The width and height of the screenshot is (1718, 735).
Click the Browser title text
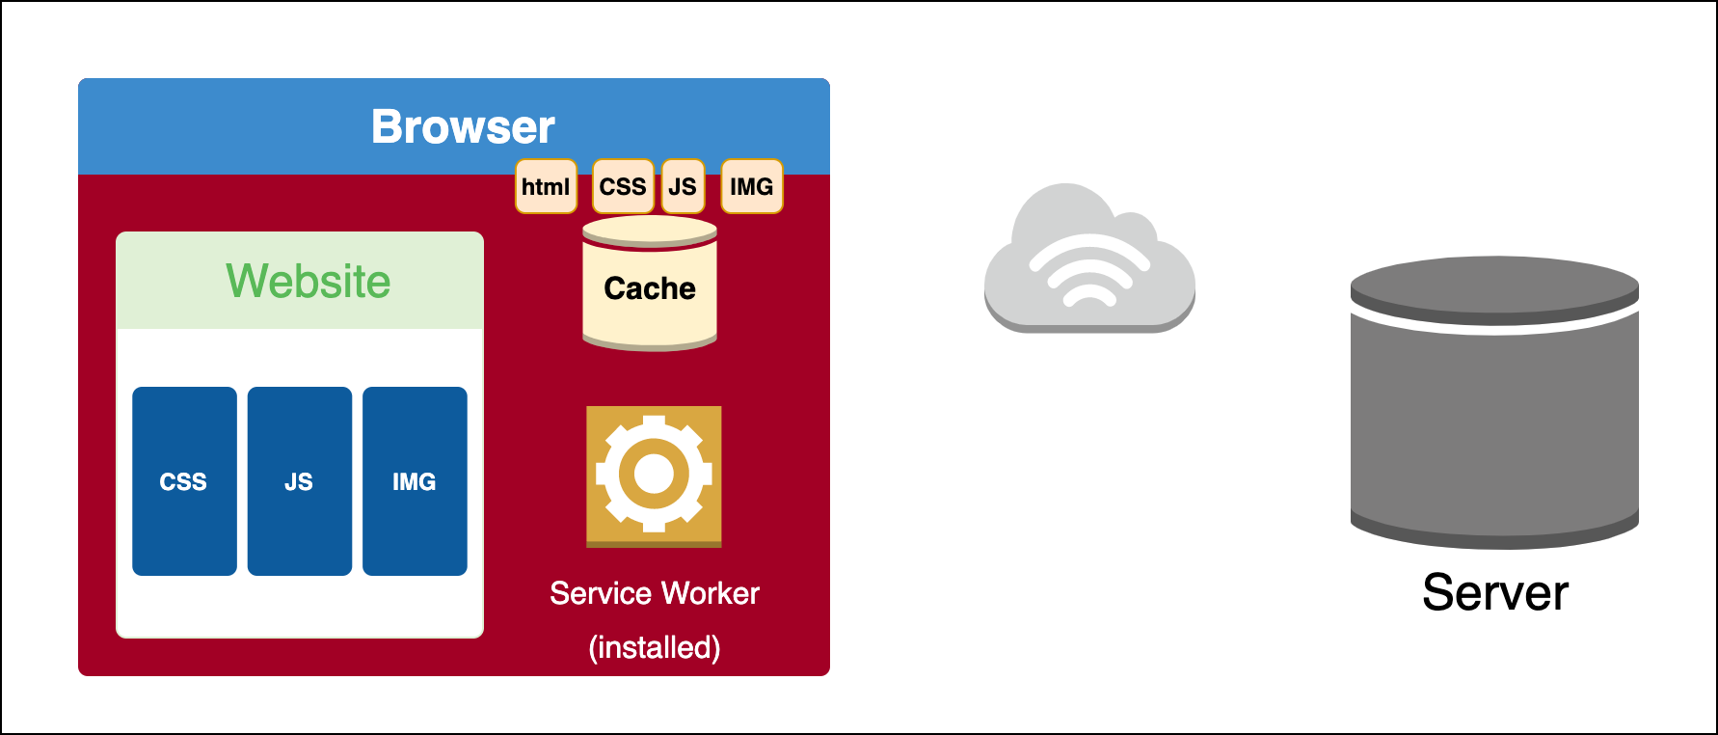(463, 126)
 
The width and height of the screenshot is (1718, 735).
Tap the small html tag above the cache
(546, 186)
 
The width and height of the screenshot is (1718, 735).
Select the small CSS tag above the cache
(623, 186)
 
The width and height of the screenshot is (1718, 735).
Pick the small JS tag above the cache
(683, 186)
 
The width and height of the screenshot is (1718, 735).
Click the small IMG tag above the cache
(752, 186)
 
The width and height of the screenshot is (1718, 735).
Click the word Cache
(650, 288)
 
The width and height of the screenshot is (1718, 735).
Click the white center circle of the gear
(654, 474)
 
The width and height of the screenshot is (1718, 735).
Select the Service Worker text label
(655, 593)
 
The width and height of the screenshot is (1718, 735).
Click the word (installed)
(655, 647)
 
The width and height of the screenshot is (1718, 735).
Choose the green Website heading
(309, 282)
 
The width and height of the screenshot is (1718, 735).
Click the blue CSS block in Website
(184, 481)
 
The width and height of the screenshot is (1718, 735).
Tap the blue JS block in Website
(299, 481)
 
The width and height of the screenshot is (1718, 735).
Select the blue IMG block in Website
(415, 481)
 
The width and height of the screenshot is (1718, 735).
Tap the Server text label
(1495, 592)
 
